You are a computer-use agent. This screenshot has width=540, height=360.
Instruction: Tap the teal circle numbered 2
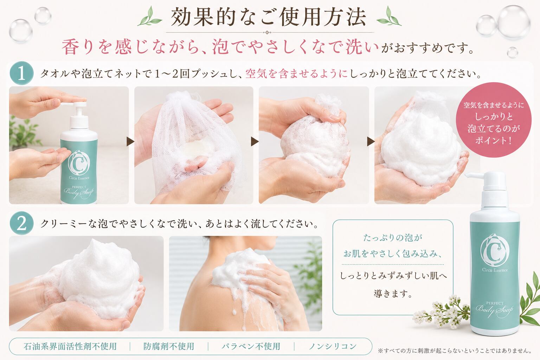point(21,223)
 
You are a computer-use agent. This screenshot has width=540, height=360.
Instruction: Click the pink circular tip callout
point(494,120)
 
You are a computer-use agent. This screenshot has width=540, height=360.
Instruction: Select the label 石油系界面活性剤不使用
point(70,347)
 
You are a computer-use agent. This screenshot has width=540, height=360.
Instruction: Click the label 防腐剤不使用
point(169,347)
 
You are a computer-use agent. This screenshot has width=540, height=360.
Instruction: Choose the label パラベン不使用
point(251,347)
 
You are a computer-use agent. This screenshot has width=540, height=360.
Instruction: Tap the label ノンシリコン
point(333,347)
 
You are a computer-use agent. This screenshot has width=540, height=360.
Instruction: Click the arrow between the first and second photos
point(130,142)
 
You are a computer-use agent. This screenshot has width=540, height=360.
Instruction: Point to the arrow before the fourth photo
point(371,142)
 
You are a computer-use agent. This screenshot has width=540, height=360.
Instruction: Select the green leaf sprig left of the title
point(149,17)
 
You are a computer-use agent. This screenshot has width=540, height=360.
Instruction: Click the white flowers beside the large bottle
point(441,311)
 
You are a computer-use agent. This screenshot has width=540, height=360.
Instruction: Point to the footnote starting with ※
point(455,351)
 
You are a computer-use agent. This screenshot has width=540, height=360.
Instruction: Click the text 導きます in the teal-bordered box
point(393,294)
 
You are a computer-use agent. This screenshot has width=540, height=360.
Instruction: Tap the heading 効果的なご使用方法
point(269,17)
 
